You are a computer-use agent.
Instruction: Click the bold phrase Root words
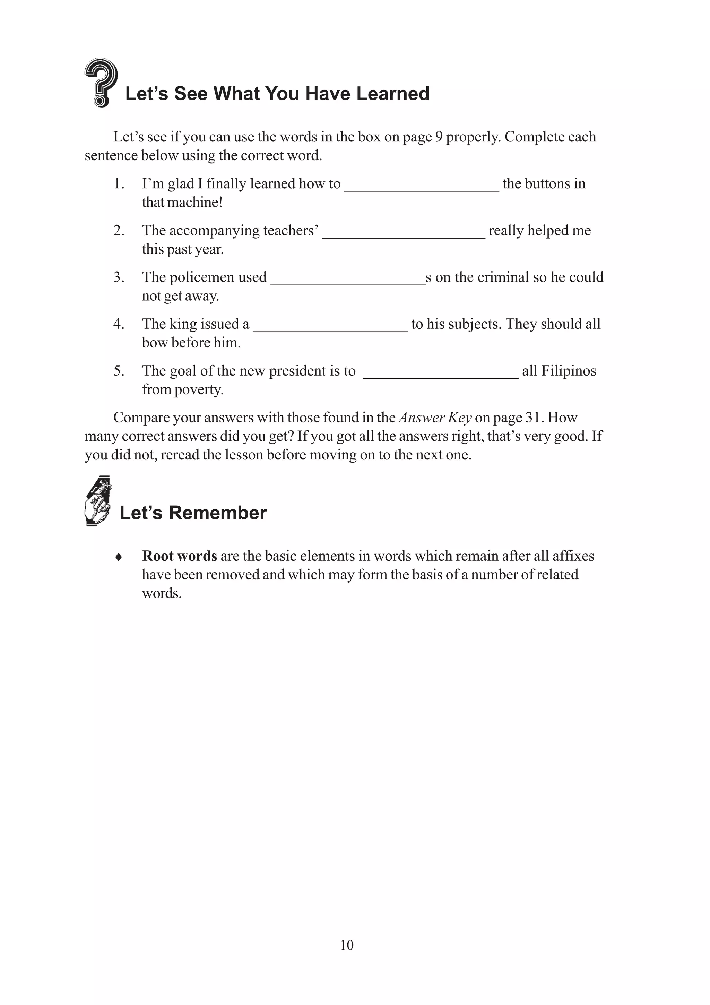tap(179, 556)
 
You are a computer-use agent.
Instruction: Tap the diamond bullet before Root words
tap(118, 557)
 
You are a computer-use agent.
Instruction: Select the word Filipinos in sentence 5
tap(568, 371)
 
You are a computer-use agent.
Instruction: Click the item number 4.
tap(119, 324)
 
